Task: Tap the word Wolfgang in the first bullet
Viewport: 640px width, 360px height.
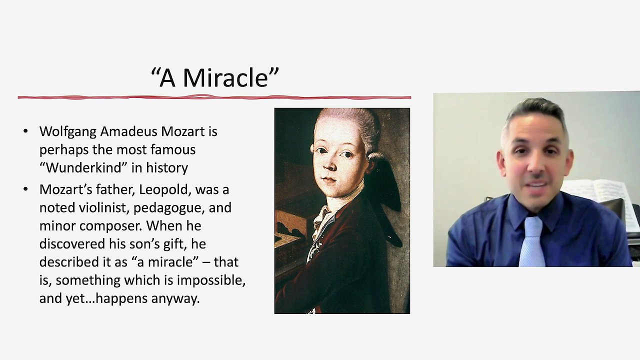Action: pos(68,131)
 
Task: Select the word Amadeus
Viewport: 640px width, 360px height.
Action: pos(128,131)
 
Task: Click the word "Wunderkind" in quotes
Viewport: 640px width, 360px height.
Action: pos(83,167)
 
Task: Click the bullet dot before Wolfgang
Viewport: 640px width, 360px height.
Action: pos(25,131)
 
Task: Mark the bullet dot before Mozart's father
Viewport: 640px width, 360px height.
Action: pos(25,189)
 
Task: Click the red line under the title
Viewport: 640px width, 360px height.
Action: pos(214,97)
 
